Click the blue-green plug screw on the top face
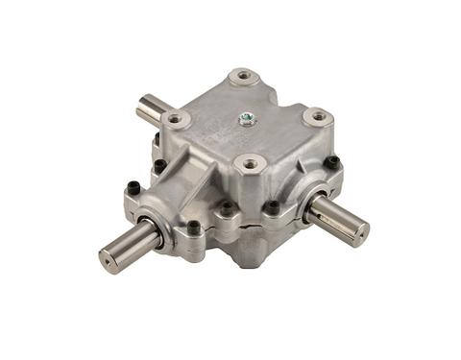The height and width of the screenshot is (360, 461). (245, 120)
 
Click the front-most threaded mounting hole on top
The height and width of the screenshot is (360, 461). (252, 164)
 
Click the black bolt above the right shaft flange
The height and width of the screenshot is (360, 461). (330, 163)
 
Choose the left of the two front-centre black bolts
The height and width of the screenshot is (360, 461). (227, 205)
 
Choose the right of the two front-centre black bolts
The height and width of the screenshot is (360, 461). (272, 205)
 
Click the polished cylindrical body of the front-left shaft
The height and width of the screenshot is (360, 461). (130, 246)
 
